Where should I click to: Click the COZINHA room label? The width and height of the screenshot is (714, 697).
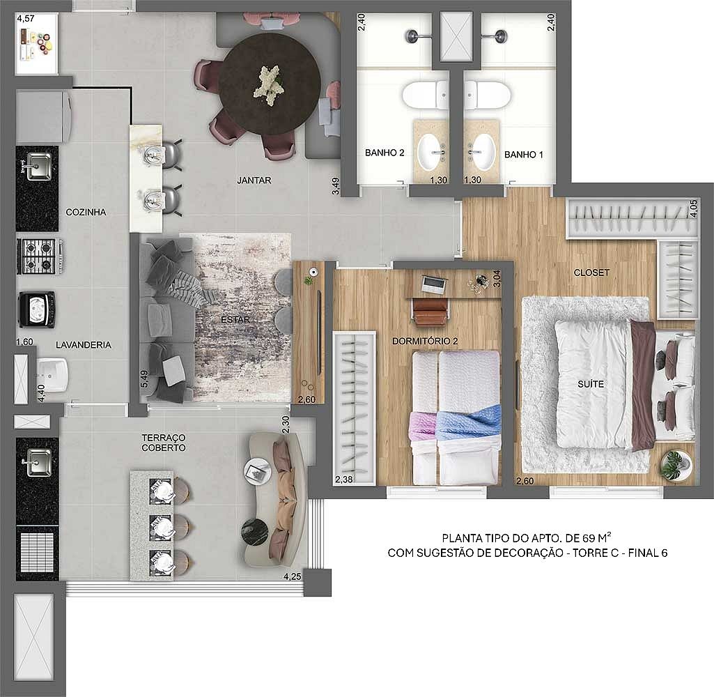pos(86,212)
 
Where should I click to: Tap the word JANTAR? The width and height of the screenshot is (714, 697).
pos(254,181)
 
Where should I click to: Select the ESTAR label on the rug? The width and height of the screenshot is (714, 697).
pos(235,320)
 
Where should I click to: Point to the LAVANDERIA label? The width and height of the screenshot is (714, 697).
pos(84,345)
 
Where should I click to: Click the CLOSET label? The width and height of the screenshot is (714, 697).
pos(591,273)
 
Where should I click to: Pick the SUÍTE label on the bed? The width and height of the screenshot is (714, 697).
pos(591,384)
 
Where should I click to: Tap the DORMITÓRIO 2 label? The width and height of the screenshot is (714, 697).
pos(425,342)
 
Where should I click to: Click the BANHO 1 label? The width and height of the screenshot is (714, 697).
pos(524,155)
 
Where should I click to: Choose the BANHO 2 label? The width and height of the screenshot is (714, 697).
pos(385,153)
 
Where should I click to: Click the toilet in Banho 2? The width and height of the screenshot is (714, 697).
pos(426,95)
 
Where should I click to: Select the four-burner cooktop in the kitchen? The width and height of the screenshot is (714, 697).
pos(39,256)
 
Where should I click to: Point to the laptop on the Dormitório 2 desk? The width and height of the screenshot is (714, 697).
pos(433,284)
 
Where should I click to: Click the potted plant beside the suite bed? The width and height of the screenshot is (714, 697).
pos(676,464)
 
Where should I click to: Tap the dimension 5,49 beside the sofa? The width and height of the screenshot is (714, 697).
pos(144,379)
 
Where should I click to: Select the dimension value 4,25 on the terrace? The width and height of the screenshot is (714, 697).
pos(293,576)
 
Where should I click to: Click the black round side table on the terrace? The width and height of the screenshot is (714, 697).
pos(254,531)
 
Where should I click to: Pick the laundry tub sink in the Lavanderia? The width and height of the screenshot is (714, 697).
pos(52,374)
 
